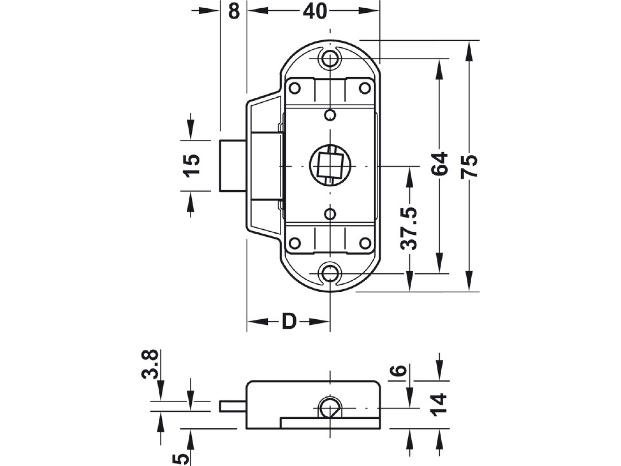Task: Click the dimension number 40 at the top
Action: (315, 11)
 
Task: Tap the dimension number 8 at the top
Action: (234, 11)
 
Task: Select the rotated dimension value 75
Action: (469, 166)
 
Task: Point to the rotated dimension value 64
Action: (440, 164)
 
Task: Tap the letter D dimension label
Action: (289, 322)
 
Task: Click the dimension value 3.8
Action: (150, 365)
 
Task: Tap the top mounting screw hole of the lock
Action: (330, 59)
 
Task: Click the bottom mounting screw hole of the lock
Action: (330, 273)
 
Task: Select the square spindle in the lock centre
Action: (330, 166)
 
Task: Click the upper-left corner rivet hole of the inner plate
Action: (294, 88)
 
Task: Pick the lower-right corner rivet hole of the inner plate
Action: (365, 243)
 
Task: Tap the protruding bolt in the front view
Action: (233, 166)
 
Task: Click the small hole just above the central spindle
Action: (331, 115)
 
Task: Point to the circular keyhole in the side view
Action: (330, 408)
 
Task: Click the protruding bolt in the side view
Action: (233, 406)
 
